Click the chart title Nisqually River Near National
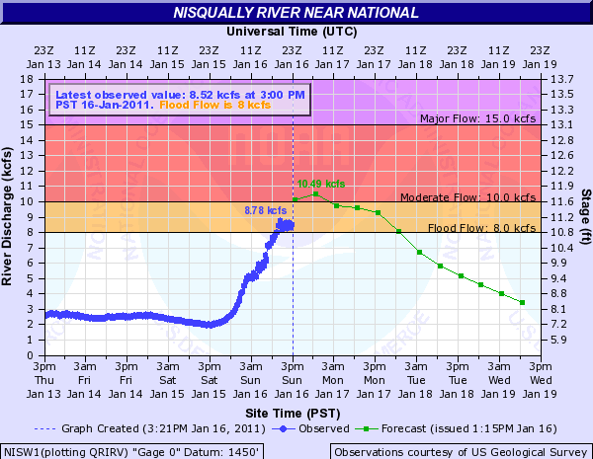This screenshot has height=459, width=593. coord(296,13)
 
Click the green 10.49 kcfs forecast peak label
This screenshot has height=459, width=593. coord(321,184)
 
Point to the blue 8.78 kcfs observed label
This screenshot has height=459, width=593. coord(264,210)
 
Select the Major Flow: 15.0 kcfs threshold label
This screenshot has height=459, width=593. coord(476,119)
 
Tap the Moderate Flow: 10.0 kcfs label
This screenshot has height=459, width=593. coord(469,197)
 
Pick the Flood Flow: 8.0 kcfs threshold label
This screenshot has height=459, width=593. coord(483,228)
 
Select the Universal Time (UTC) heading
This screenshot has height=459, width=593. coord(293,32)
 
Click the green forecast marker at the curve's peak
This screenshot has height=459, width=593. coord(315,193)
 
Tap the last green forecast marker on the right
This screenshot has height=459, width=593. coord(522,302)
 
